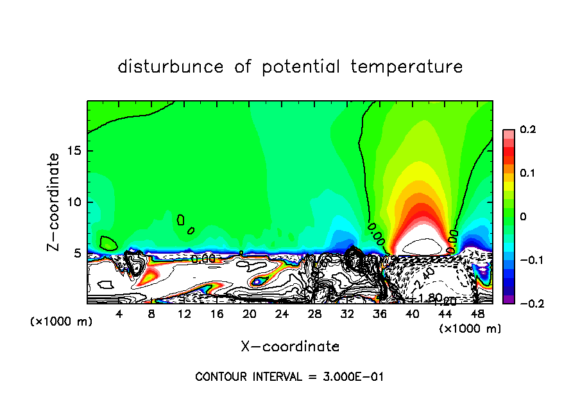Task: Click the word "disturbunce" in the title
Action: pos(171,67)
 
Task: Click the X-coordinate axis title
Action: pos(290,347)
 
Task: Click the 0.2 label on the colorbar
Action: pos(527,130)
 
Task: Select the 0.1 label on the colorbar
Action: pos(527,173)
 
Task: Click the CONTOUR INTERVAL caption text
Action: pos(289,377)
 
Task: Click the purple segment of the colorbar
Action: pos(508,299)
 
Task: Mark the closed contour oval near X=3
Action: pos(108,243)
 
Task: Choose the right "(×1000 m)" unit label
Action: pos(470,329)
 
